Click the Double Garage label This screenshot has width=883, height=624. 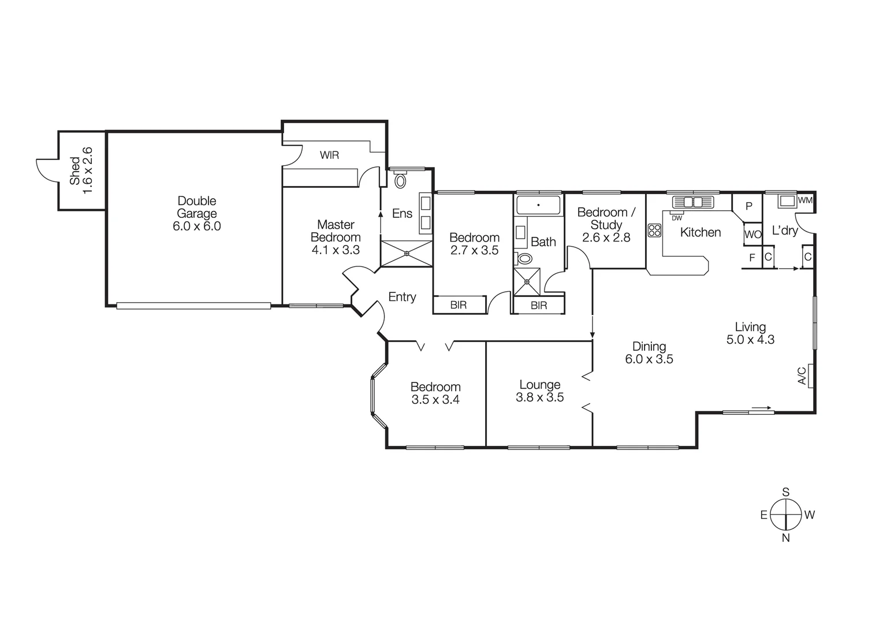tap(196, 207)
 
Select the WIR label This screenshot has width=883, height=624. tap(329, 155)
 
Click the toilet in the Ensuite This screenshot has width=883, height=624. tap(400, 180)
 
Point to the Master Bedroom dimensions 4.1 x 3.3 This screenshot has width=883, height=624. tap(336, 250)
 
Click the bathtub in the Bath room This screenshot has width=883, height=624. tap(538, 205)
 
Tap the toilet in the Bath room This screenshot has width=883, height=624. tap(525, 258)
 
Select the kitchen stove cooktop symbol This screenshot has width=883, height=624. tap(654, 231)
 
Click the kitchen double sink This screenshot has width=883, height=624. tap(692, 202)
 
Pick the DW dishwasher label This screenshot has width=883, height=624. tap(676, 218)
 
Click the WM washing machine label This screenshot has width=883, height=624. tap(804, 200)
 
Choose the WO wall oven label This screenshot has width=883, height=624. tap(752, 235)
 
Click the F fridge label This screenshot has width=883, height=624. tap(752, 258)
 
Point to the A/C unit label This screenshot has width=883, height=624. tap(802, 376)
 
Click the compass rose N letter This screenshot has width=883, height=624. tap(785, 538)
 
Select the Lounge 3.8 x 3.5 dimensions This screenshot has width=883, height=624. tap(539, 398)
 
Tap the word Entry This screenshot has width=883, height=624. tap(402, 297)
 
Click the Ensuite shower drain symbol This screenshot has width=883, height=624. tap(407, 253)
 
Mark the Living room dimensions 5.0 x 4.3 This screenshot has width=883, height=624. tap(750, 340)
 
